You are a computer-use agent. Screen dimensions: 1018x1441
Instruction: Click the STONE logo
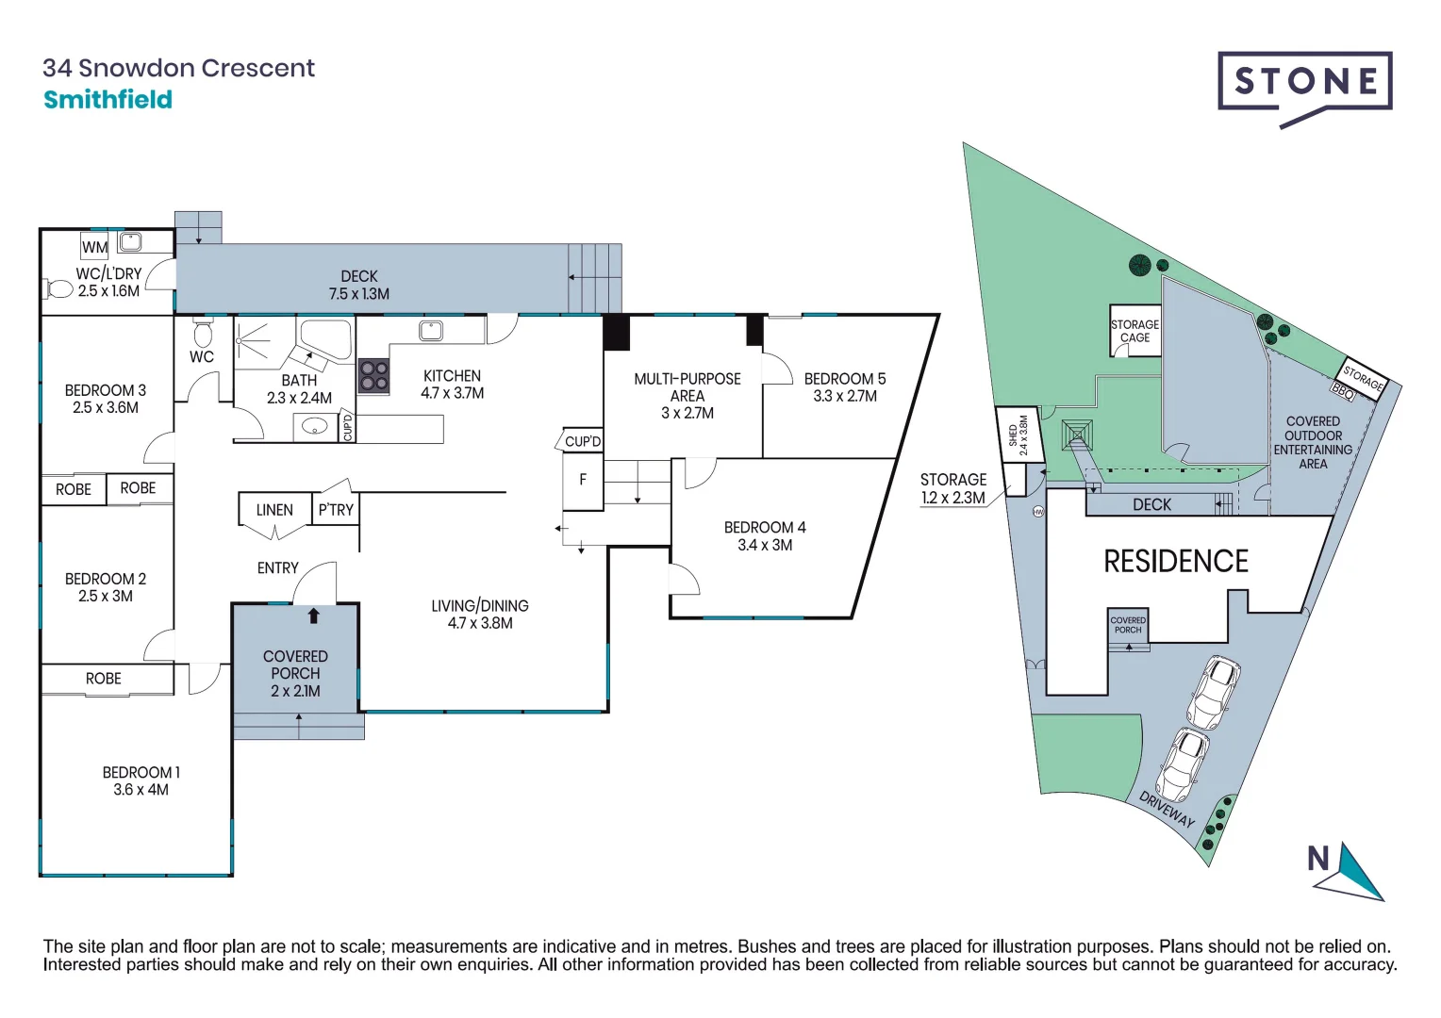pyautogui.click(x=1304, y=83)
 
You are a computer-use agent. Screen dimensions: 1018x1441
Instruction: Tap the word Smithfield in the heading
pyautogui.click(x=108, y=100)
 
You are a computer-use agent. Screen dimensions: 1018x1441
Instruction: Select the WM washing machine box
pyautogui.click(x=94, y=247)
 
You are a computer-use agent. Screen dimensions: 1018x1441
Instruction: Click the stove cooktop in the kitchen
pyautogui.click(x=373, y=376)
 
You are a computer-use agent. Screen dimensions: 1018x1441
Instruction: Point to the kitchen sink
pyautogui.click(x=431, y=330)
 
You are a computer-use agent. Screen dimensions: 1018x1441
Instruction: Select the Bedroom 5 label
pyautogui.click(x=844, y=379)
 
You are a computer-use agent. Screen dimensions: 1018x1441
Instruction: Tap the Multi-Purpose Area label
pyautogui.click(x=687, y=387)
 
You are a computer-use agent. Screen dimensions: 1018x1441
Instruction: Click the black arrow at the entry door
pyautogui.click(x=314, y=616)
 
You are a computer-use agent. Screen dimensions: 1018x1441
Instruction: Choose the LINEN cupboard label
pyautogui.click(x=274, y=510)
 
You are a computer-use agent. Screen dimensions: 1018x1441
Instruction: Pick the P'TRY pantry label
pyautogui.click(x=336, y=510)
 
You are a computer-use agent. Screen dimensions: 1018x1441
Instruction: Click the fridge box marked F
pyautogui.click(x=583, y=480)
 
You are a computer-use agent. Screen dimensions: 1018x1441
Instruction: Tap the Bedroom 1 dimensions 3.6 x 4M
pyautogui.click(x=141, y=790)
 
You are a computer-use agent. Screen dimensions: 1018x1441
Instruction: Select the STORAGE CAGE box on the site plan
pyautogui.click(x=1135, y=331)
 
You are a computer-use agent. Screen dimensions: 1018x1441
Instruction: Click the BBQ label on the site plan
pyautogui.click(x=1342, y=390)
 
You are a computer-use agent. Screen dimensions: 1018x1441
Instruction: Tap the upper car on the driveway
pyautogui.click(x=1214, y=691)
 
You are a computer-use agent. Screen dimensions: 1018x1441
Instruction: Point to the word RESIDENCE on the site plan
pyautogui.click(x=1176, y=562)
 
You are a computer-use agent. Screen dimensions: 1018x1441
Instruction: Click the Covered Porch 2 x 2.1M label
pyautogui.click(x=295, y=673)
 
